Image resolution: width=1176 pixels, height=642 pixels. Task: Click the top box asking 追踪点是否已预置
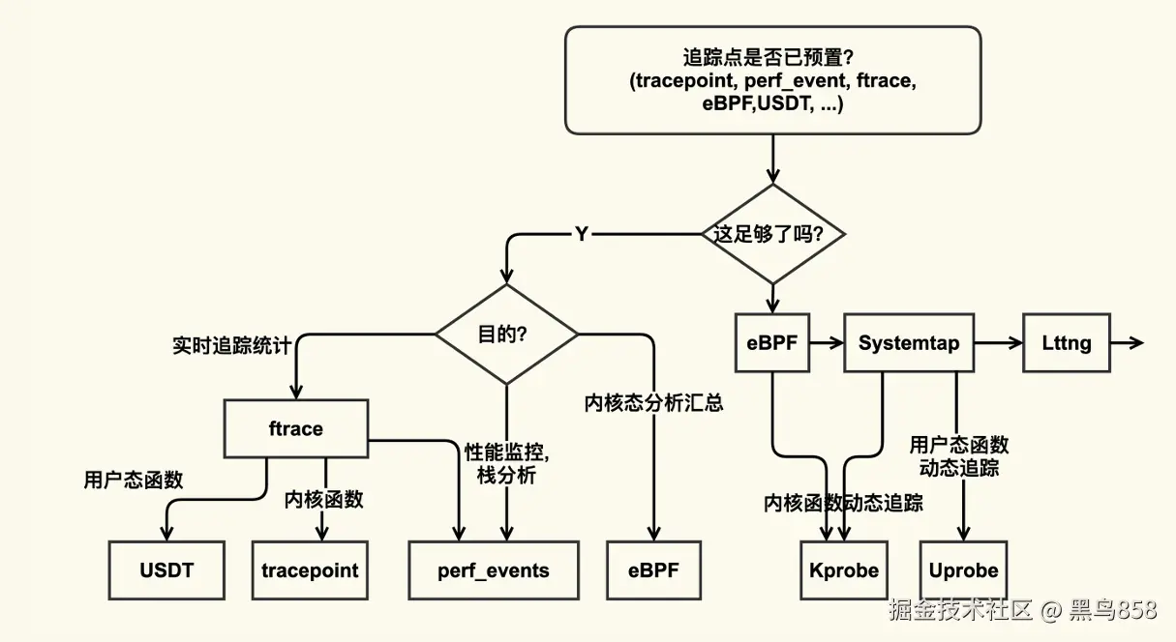tap(772, 80)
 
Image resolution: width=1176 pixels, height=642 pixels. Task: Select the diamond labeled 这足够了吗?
tap(773, 234)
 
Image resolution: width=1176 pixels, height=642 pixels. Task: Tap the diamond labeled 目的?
tap(506, 335)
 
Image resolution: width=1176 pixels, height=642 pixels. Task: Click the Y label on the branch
tap(581, 234)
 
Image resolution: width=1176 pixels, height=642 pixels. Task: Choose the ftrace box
tap(295, 428)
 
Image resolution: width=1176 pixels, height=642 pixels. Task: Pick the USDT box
tap(166, 569)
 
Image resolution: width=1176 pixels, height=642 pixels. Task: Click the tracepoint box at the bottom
tap(310, 569)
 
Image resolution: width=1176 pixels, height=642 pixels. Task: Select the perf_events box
tap(493, 569)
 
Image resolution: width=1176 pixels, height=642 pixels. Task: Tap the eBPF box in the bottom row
tap(653, 569)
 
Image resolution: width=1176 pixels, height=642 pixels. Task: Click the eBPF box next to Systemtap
tap(772, 343)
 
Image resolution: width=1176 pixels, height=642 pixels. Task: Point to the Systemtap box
tap(909, 343)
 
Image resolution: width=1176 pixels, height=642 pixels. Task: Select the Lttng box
tap(1067, 343)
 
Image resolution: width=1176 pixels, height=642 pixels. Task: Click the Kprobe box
tap(844, 569)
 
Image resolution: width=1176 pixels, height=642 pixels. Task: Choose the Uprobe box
tap(963, 569)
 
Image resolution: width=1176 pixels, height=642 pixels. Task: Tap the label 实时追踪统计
tap(231, 346)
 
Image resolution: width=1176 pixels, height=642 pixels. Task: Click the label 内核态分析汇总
tap(653, 403)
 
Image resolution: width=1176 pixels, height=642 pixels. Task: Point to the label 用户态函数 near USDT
tap(133, 480)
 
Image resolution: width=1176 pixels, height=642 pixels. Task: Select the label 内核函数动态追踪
tap(843, 503)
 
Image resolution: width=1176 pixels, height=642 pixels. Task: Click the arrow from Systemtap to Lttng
tap(997, 343)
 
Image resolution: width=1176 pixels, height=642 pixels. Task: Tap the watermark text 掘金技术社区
tap(961, 610)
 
